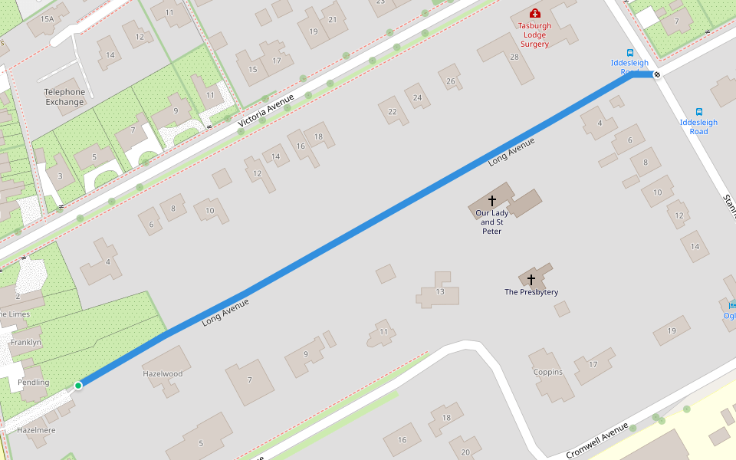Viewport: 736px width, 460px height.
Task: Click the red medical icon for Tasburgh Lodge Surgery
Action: tap(534, 13)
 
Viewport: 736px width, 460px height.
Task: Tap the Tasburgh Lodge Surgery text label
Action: tap(534, 34)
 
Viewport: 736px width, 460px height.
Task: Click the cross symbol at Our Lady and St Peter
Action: tap(492, 201)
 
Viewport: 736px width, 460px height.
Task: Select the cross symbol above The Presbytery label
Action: tap(531, 281)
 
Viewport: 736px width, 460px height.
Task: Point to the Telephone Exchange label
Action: tap(64, 97)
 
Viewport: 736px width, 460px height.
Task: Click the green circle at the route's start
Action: tap(78, 385)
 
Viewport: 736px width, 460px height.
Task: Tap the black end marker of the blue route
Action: tap(657, 74)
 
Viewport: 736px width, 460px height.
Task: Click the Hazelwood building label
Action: tap(163, 373)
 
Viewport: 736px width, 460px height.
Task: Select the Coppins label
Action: tap(548, 373)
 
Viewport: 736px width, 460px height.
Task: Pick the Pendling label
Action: tap(33, 382)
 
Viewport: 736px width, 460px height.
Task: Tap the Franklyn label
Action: tap(25, 342)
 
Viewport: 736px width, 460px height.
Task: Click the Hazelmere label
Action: tap(36, 430)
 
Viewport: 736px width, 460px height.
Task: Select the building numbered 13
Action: tap(440, 291)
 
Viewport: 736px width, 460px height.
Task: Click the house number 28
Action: tap(514, 57)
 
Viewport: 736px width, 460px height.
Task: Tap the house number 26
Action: tap(451, 81)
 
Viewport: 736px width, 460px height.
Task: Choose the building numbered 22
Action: tap(393, 112)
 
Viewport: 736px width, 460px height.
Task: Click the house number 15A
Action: tap(48, 18)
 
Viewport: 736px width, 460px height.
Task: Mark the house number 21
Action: tap(332, 20)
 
